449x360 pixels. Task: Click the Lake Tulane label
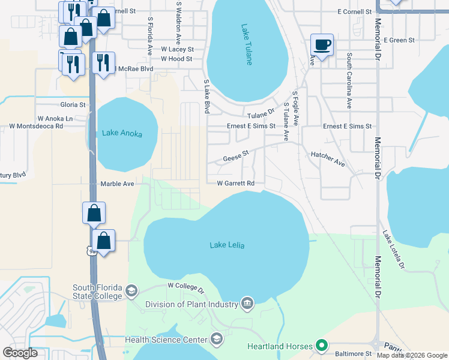point(247,44)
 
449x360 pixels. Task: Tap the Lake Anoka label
point(122,133)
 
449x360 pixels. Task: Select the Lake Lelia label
point(227,245)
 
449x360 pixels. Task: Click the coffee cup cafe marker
point(322,44)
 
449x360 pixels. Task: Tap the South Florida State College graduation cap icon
point(130,292)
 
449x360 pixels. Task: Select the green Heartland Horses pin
point(322,346)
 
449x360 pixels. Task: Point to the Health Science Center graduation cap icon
point(216,340)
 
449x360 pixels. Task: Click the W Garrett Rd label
point(236,183)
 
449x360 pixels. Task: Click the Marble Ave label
point(117,184)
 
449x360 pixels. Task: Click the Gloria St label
point(73,104)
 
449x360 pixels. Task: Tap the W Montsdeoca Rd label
point(36,127)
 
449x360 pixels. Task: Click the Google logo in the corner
point(20,353)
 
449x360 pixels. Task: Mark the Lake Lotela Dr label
point(394,250)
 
